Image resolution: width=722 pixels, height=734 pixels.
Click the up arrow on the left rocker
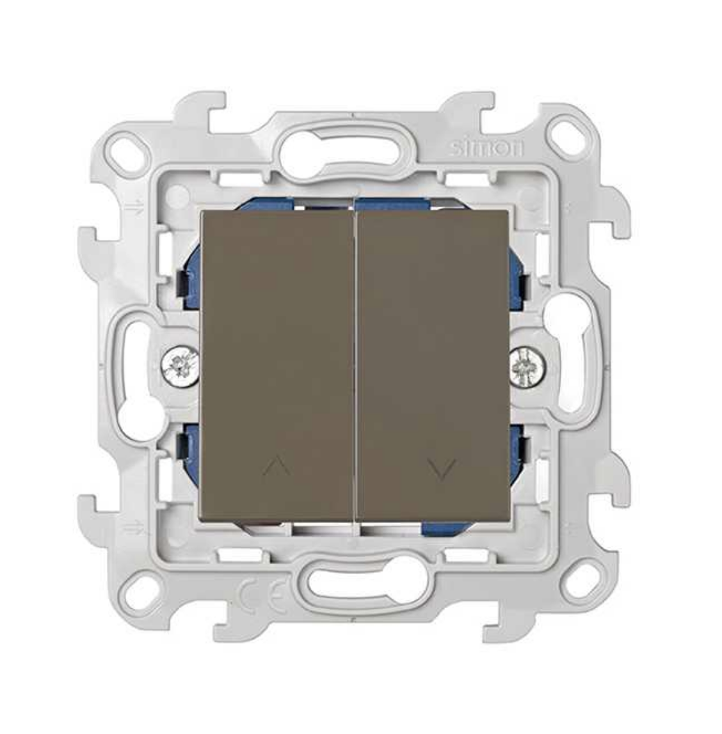(x=277, y=465)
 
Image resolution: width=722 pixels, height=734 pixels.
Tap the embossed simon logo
(x=486, y=148)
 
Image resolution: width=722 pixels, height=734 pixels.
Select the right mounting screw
(x=527, y=366)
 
